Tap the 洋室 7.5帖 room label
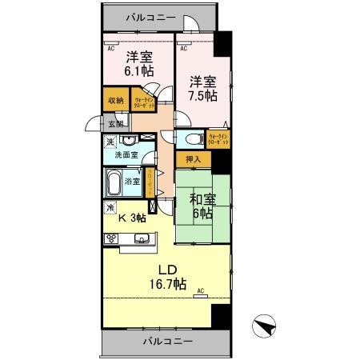pos(202,88)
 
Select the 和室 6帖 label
pos(202,206)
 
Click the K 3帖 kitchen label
pos(132,218)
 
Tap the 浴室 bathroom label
pos(132,182)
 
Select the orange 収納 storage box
pos(114,101)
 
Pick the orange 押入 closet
pos(193,159)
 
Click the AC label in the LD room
pos(201,290)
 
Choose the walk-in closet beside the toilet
pos(218,139)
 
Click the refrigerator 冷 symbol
pos(110,206)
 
